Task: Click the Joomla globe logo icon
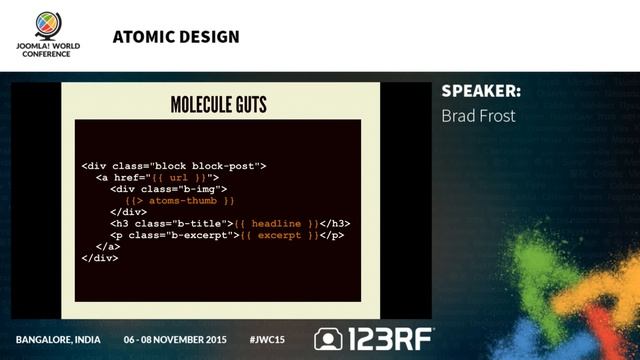click(x=46, y=23)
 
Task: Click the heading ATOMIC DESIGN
click(x=176, y=38)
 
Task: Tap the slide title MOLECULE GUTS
click(x=218, y=104)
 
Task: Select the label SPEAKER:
click(x=480, y=92)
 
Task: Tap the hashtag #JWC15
click(x=266, y=339)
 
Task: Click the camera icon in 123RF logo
click(x=328, y=339)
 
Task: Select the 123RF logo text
click(x=390, y=339)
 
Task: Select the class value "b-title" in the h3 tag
click(x=199, y=223)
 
